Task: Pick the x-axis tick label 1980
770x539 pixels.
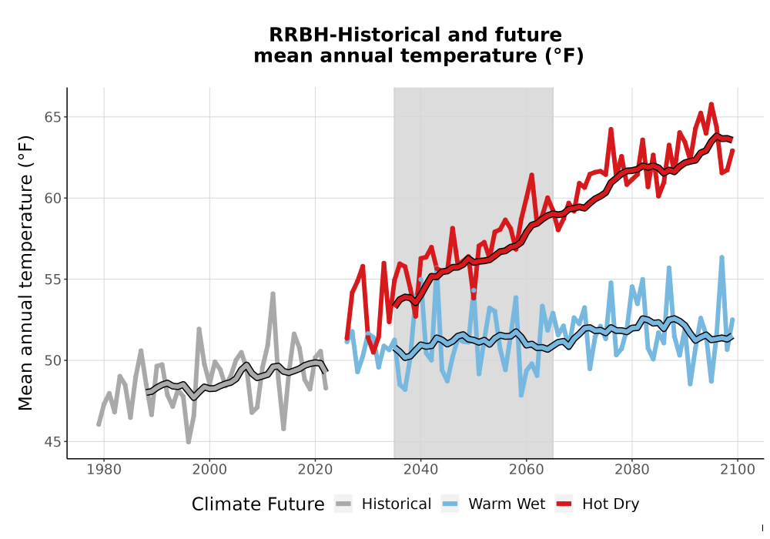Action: [x=104, y=470]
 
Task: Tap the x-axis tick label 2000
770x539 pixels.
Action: [x=209, y=470]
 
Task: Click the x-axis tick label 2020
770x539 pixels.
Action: [x=315, y=470]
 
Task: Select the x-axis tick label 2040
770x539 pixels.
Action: [x=421, y=470]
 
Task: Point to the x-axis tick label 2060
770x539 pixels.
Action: [x=527, y=470]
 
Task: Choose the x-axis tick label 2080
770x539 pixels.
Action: [x=632, y=470]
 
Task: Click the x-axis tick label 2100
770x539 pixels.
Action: [x=738, y=470]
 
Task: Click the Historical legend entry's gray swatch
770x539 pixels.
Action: [x=343, y=504]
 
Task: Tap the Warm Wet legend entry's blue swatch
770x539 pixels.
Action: [x=450, y=504]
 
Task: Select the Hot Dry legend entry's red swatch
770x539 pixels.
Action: [x=564, y=504]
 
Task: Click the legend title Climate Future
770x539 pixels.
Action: [x=258, y=504]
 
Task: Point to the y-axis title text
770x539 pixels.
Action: [x=25, y=273]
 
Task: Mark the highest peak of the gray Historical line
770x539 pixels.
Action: [x=273, y=293]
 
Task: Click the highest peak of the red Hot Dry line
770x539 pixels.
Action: [x=711, y=104]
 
